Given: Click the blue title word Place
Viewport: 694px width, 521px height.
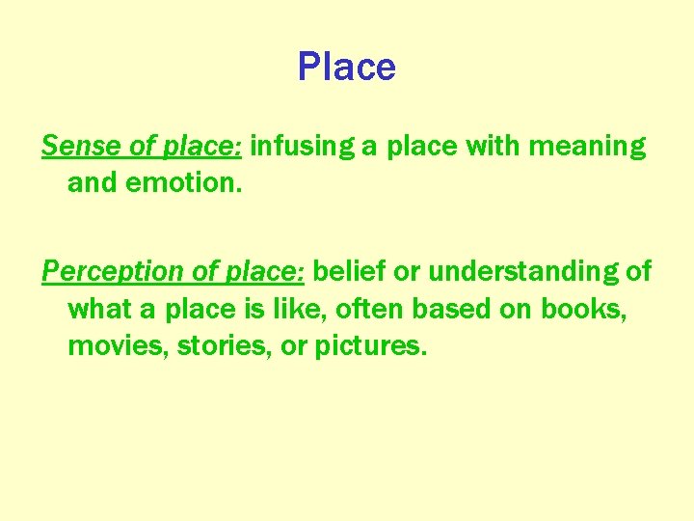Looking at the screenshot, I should click(x=346, y=67).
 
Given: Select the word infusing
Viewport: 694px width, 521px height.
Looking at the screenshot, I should click(x=300, y=146).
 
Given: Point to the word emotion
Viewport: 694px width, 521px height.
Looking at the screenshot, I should click(x=187, y=181).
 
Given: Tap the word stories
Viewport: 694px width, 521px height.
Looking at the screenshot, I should click(x=213, y=345).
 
